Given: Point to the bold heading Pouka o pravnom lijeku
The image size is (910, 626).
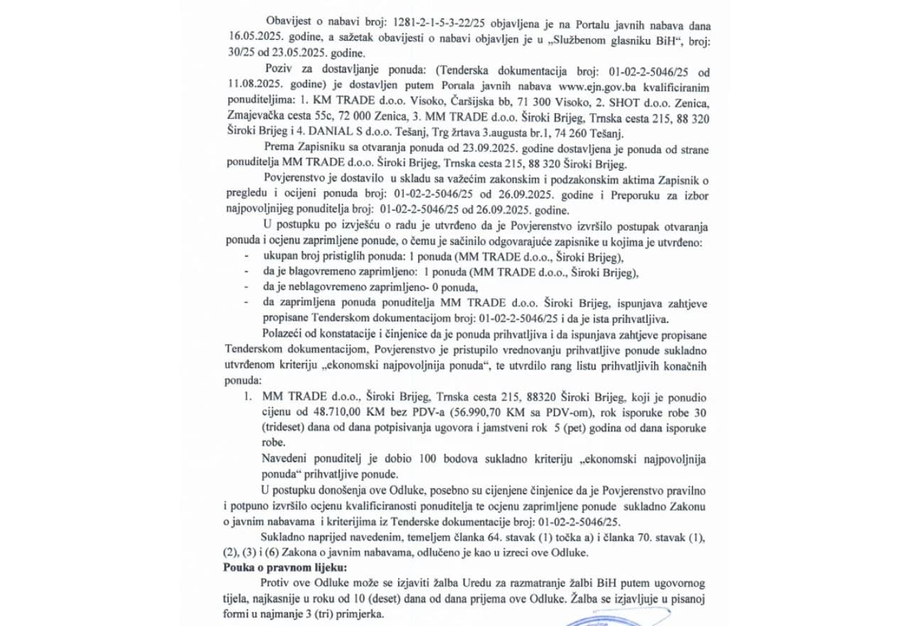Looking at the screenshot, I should (x=286, y=568).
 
